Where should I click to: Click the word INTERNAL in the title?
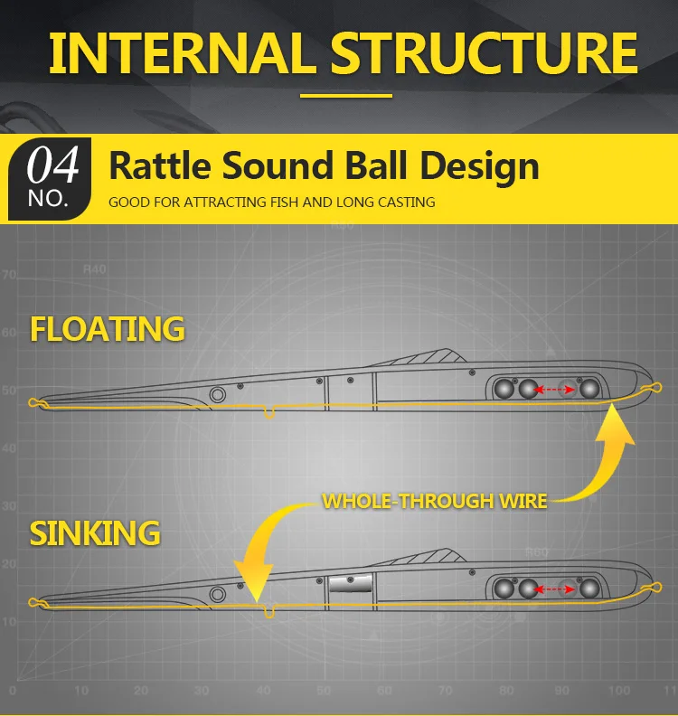point(182,53)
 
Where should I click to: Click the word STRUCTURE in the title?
point(484,53)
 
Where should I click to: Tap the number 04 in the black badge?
point(52,165)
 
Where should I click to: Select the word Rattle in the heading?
point(160,165)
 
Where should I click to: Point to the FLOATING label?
point(108,329)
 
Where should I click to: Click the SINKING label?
point(95,532)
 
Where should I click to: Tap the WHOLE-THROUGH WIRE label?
point(434,502)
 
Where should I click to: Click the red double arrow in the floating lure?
point(554,390)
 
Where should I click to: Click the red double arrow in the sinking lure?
point(554,589)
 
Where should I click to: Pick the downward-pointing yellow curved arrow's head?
point(255,582)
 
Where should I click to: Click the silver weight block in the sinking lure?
point(350,583)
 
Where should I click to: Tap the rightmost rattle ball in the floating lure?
point(589,389)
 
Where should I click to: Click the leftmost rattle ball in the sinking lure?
point(504,589)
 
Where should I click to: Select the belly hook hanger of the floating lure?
point(269,412)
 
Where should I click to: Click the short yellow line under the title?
point(346,96)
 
